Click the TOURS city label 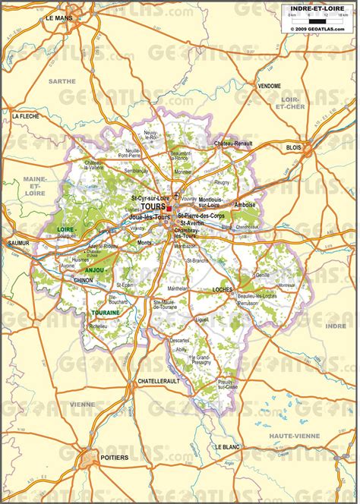click(152, 206)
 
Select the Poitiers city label click(115, 458)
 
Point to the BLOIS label click(293, 146)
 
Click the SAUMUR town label click(17, 243)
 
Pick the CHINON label click(83, 280)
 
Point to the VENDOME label click(269, 85)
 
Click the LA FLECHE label click(26, 116)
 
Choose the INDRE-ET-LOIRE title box click(319, 8)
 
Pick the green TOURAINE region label click(106, 313)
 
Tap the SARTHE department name click(62, 80)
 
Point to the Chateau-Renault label click(232, 143)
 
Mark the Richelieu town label click(98, 326)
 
